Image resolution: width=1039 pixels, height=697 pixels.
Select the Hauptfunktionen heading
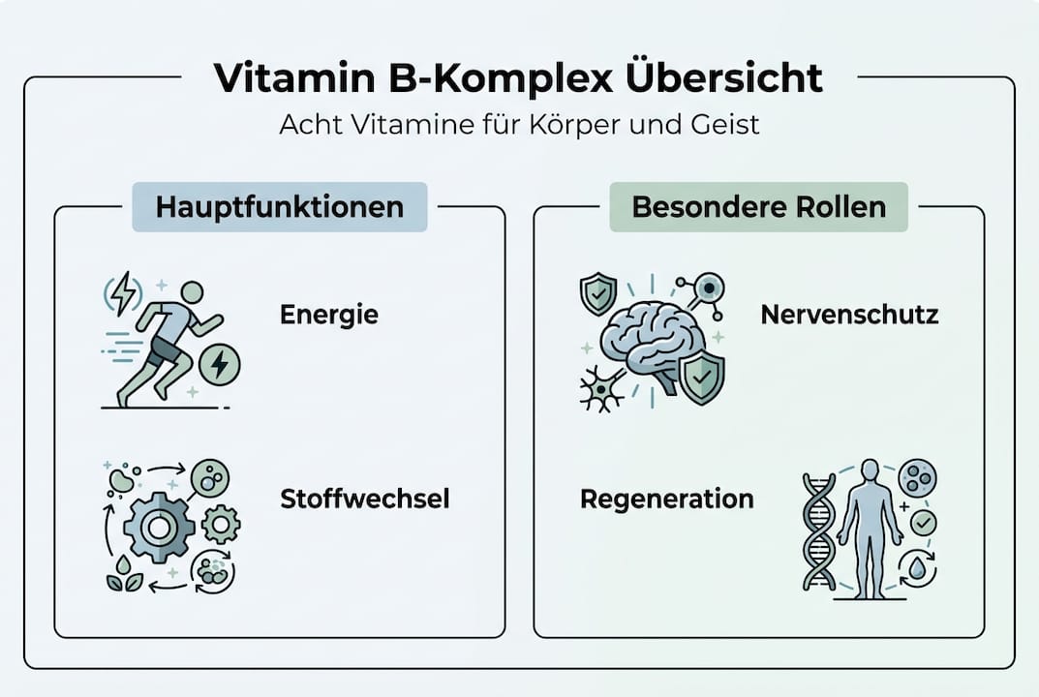280,207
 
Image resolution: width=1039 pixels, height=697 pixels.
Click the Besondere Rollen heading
758,207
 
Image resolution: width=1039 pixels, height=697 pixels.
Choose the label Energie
329,315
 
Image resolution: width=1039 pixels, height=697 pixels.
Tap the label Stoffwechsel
365,499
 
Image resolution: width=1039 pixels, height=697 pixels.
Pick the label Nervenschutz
849,315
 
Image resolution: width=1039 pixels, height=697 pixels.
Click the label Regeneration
667,499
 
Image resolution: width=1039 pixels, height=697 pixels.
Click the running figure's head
193,292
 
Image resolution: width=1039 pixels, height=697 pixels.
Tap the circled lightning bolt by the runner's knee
221,365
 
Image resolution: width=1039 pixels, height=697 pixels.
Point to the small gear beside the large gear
222,524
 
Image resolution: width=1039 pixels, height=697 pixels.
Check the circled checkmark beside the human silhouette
923,523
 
